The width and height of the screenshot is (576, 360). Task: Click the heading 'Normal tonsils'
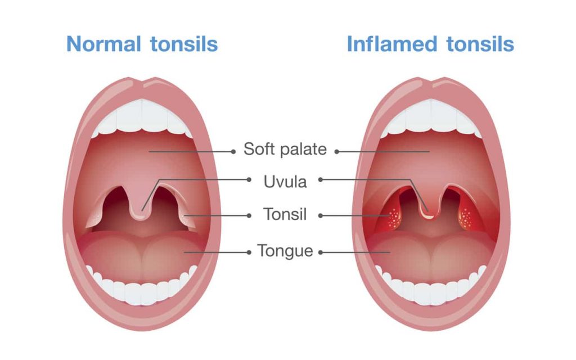click(142, 44)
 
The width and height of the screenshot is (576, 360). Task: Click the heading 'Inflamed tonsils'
click(430, 44)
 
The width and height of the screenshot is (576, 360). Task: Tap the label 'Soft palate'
click(285, 149)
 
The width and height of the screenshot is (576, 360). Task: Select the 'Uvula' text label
click(285, 182)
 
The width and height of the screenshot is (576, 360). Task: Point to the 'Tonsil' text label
click(285, 214)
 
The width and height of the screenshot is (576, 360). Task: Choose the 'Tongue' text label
click(285, 251)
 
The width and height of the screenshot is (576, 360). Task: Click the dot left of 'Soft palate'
click(233, 151)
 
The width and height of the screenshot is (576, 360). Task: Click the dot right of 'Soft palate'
click(336, 151)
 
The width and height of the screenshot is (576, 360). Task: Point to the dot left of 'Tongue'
click(249, 253)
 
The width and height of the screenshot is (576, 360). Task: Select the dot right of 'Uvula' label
click(320, 179)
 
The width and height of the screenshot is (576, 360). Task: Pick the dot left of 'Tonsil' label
click(249, 215)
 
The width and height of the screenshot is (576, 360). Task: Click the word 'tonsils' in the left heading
click(184, 44)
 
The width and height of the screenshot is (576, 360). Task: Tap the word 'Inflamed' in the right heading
click(392, 44)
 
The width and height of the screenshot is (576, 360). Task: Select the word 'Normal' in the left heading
click(103, 44)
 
